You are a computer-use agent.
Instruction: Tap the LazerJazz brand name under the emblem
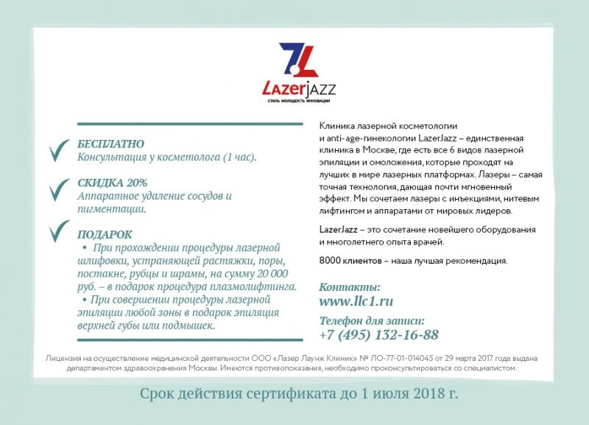point(299,90)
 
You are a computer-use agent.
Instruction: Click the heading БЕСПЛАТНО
point(110,144)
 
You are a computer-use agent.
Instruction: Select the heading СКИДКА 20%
point(112,183)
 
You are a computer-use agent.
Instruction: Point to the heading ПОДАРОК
point(105,234)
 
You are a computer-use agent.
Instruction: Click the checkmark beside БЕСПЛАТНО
point(57,152)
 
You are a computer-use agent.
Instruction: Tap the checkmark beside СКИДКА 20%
point(57,191)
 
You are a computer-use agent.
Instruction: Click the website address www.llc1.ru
point(356,301)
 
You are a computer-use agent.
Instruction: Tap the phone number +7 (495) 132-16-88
point(378,335)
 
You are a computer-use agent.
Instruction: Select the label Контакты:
point(350,286)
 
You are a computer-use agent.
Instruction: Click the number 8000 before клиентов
point(331,261)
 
